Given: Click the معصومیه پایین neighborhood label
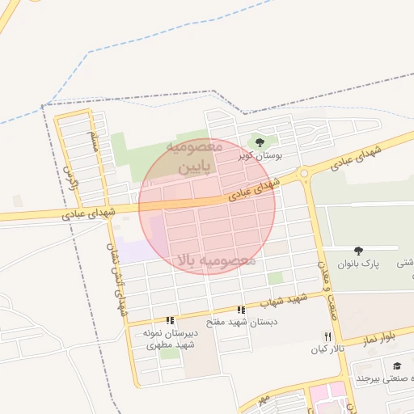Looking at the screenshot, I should click(x=193, y=158).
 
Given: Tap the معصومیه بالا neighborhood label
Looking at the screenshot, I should click(x=215, y=260).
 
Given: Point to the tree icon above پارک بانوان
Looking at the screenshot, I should click(x=358, y=251).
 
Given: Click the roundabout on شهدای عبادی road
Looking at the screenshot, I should click(x=305, y=173).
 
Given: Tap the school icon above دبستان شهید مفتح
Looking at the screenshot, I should click(x=240, y=310).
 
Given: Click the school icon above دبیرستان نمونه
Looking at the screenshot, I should click(x=170, y=320).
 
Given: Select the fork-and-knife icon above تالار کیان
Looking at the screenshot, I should click(x=327, y=336).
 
